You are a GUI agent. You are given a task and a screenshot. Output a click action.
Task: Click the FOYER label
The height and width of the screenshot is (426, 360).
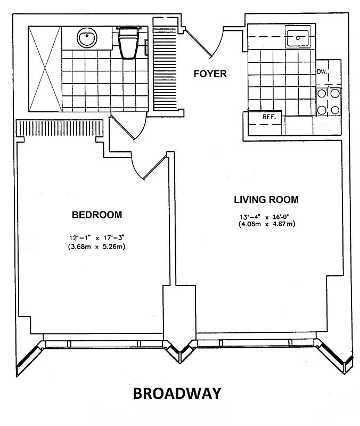[x=209, y=74]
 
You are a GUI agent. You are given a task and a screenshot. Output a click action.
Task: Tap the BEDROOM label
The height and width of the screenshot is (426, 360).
[x=97, y=215]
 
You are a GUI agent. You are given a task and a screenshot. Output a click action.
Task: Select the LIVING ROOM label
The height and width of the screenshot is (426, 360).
[x=266, y=200]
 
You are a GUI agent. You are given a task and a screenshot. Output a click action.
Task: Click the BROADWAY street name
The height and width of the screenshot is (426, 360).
[x=176, y=394]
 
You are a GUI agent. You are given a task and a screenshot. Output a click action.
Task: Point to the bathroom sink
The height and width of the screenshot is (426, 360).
[x=87, y=38]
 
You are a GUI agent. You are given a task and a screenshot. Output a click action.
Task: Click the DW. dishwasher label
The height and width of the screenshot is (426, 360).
[x=321, y=71]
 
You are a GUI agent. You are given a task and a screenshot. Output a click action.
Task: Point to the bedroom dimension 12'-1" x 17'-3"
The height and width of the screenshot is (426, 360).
[x=96, y=238]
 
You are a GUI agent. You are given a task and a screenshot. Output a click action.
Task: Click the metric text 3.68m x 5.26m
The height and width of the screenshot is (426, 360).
[x=96, y=247]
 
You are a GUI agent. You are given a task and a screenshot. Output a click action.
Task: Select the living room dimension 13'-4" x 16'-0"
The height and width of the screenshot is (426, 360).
[x=266, y=217]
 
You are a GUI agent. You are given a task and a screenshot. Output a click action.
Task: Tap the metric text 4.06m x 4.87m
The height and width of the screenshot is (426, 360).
[x=266, y=224]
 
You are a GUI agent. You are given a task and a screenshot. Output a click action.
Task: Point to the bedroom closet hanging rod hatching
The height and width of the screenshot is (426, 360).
[x=59, y=128]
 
